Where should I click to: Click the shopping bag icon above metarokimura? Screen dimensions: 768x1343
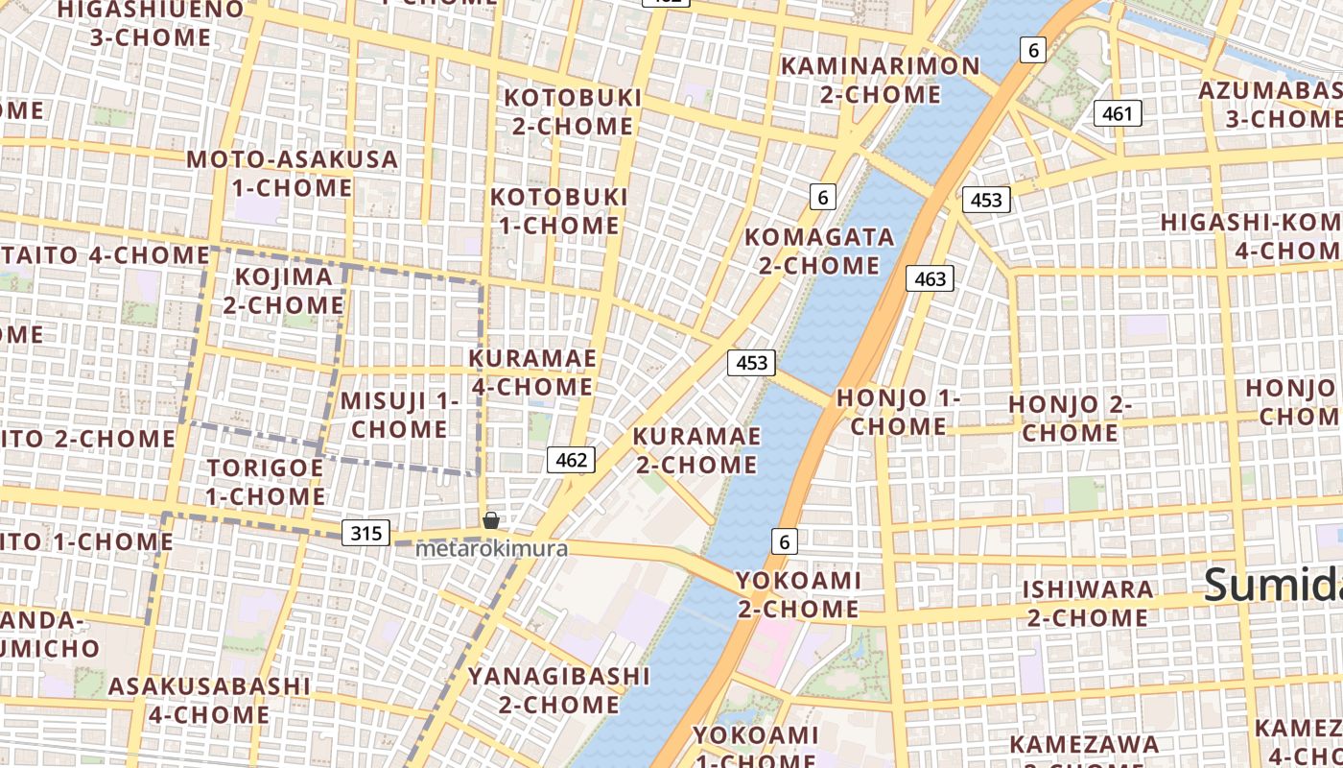[x=491, y=520]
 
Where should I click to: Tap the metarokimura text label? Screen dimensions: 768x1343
[x=491, y=550]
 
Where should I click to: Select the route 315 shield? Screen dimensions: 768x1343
[x=366, y=533]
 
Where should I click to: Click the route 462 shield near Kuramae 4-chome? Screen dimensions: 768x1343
[x=571, y=460]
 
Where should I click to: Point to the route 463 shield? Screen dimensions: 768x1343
[x=930, y=278]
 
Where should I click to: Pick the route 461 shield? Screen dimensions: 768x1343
[x=1117, y=113]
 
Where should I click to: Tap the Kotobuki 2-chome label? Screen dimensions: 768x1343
[x=573, y=111]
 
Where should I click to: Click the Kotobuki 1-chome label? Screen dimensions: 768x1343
[x=558, y=211]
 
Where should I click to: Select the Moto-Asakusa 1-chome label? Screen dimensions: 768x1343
[x=293, y=173]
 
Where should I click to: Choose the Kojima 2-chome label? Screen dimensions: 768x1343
[x=284, y=291]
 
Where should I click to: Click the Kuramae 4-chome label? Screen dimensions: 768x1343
[x=531, y=372]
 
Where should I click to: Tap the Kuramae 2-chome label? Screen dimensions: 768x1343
[x=695, y=450]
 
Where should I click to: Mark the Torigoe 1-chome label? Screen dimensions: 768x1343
[x=266, y=482]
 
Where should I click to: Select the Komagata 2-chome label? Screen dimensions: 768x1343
[x=819, y=251]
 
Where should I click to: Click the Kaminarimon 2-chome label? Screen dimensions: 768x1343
[x=881, y=80]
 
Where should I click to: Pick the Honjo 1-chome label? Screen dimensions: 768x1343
[x=898, y=412]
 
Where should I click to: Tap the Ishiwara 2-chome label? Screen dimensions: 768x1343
[x=1087, y=603]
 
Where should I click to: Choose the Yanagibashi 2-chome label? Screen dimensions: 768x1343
[x=558, y=690]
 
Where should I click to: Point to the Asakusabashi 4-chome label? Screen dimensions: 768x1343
[x=209, y=700]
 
